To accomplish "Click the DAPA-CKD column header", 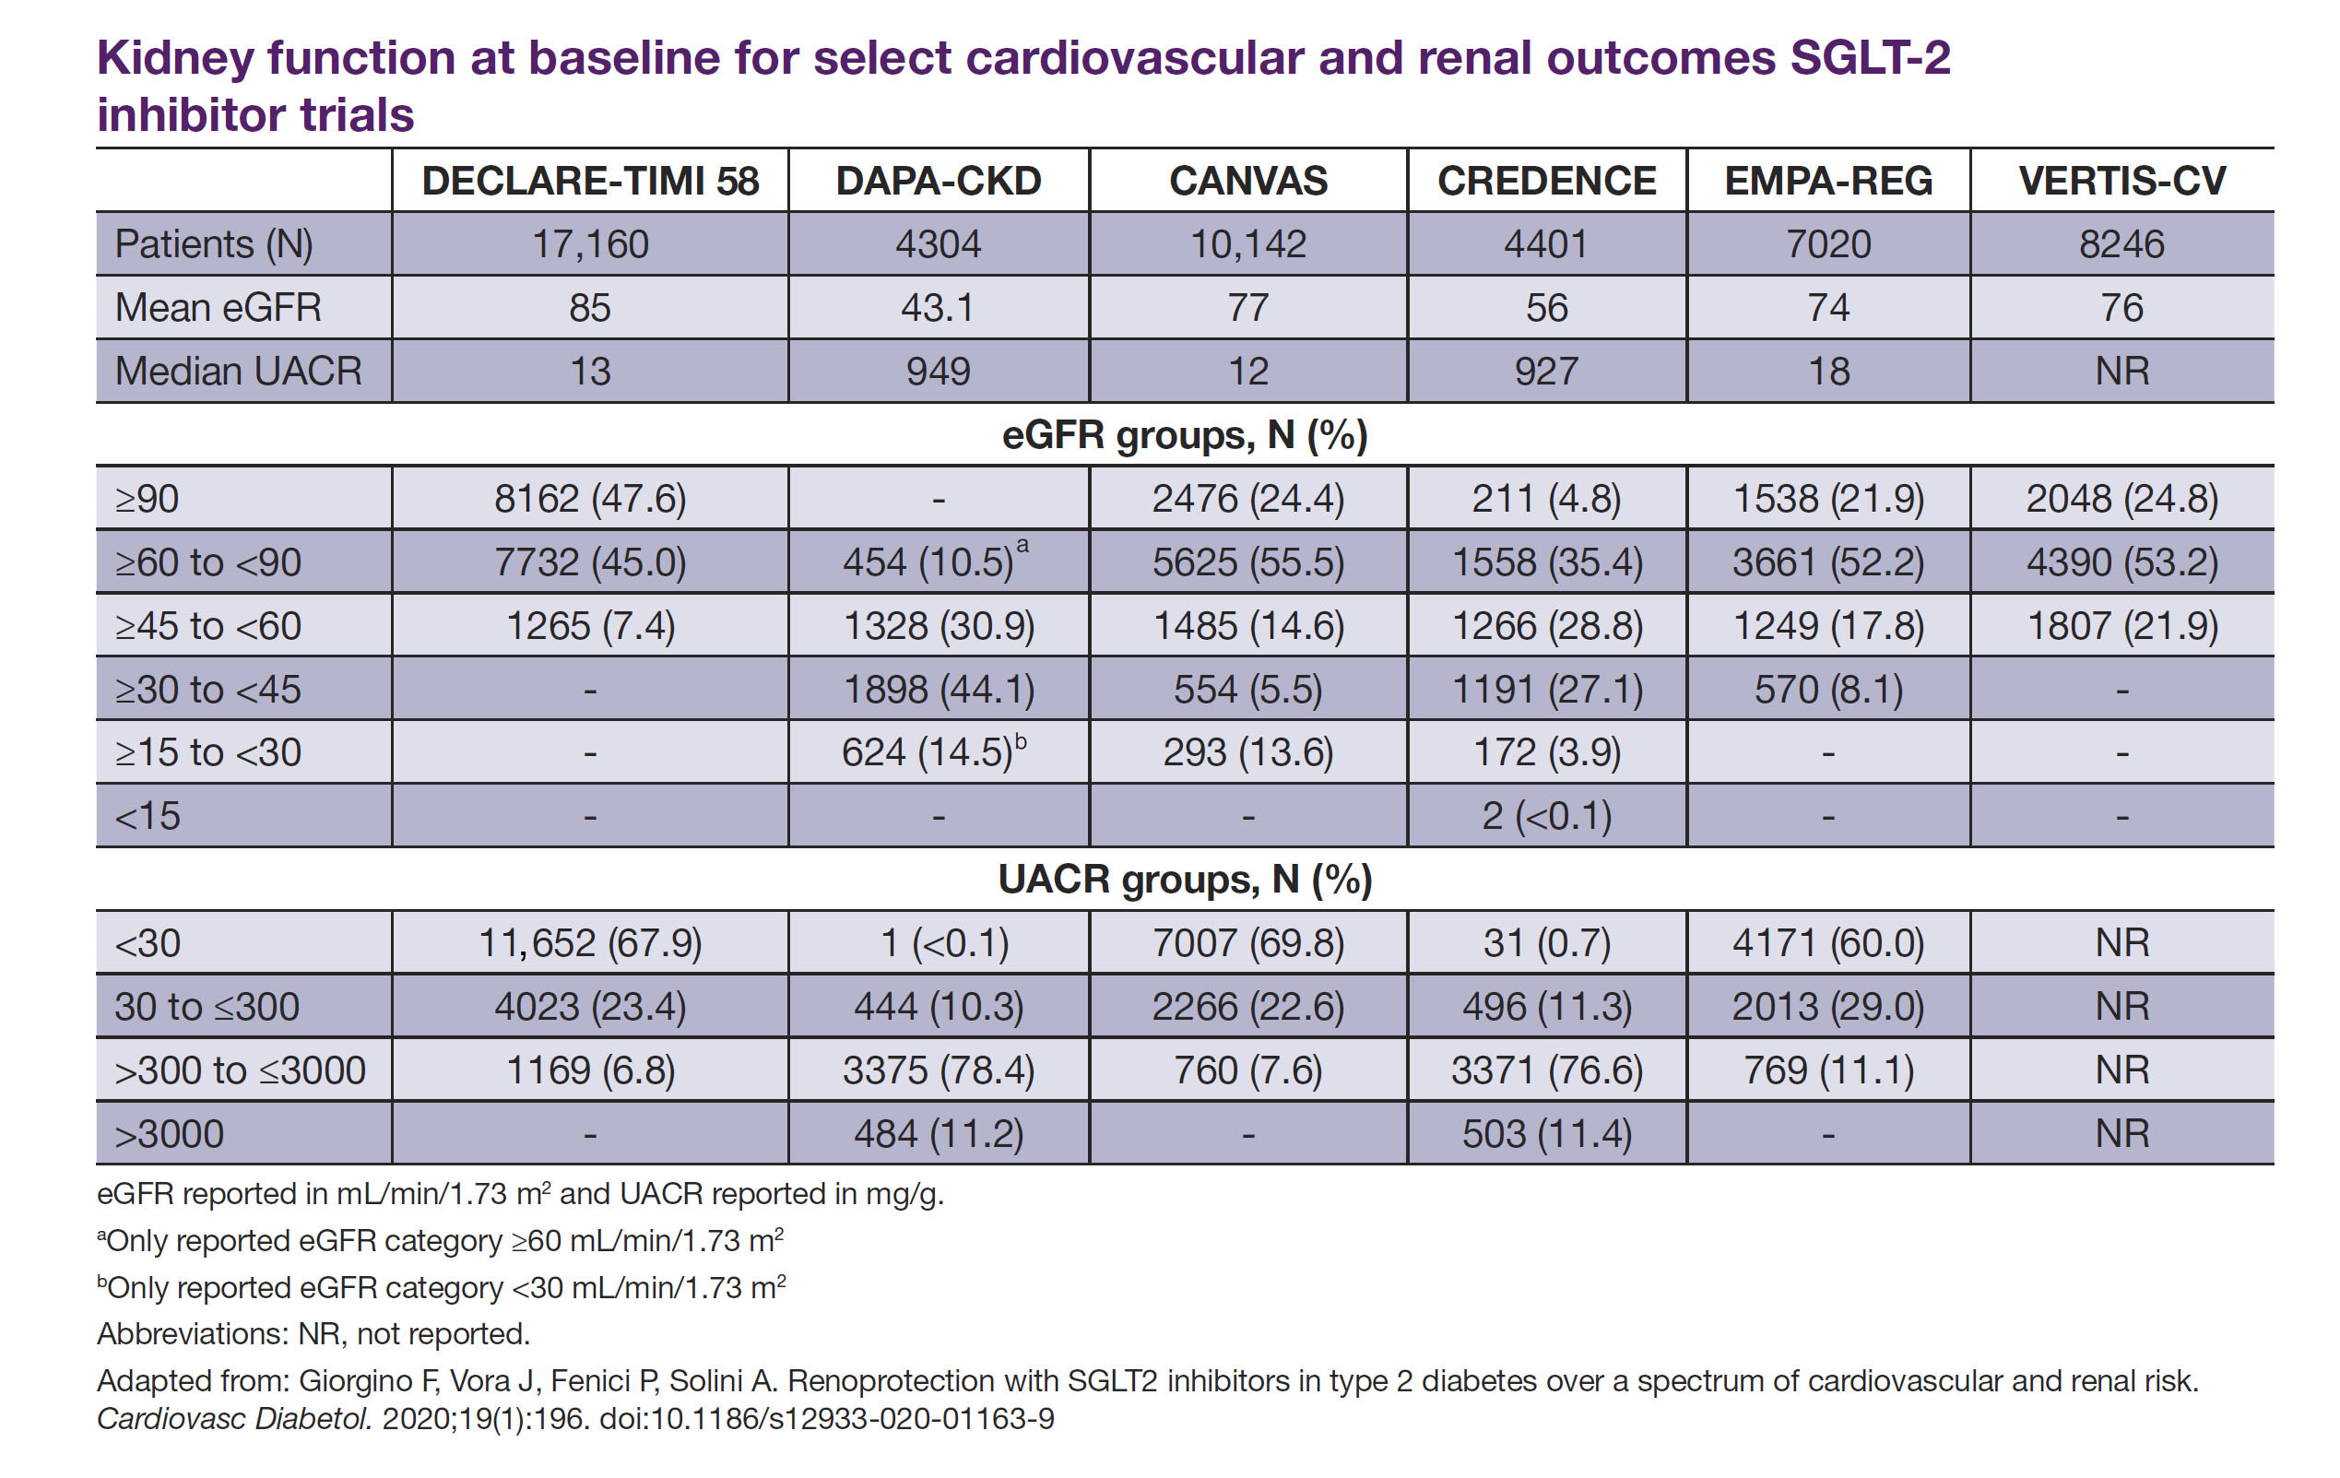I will [x=938, y=181].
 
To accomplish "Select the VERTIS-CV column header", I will [x=2121, y=181].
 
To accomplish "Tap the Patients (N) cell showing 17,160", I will [x=590, y=244].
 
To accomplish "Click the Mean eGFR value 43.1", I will [x=938, y=308].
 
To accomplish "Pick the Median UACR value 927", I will [x=1546, y=372].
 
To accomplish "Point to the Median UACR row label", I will [x=238, y=372].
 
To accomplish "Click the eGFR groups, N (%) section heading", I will [x=1185, y=434].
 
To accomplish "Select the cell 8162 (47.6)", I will [x=590, y=499].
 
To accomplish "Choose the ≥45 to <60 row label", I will [x=208, y=626].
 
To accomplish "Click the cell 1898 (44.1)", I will [x=938, y=689].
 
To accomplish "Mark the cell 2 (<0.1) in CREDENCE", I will [x=1546, y=816].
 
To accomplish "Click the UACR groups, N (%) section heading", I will [x=1185, y=880].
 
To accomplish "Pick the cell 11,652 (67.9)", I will [x=590, y=943].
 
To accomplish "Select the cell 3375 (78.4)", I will [x=938, y=1070].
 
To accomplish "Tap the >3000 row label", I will [x=169, y=1134].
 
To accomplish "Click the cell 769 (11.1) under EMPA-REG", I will [x=1828, y=1070].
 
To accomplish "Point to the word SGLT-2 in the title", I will [x=1870, y=58].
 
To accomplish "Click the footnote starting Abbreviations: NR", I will [x=313, y=1334].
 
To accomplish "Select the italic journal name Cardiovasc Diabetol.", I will [x=234, y=1419].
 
